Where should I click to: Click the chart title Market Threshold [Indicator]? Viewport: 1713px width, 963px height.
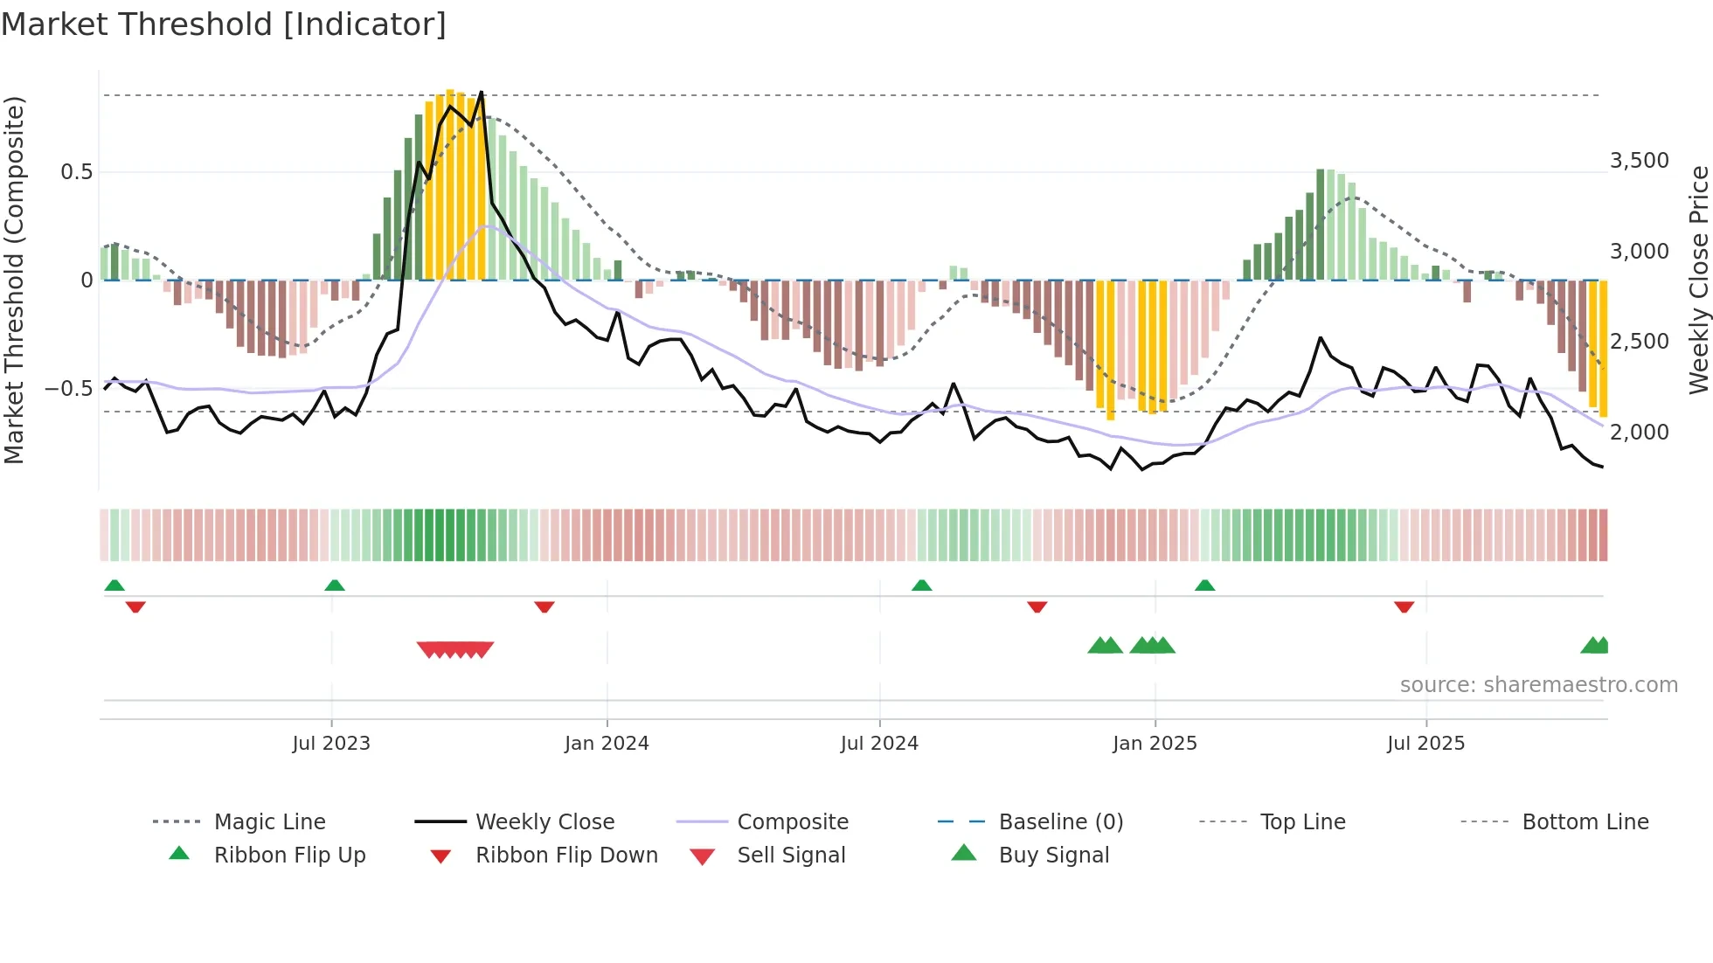pyautogui.click(x=224, y=24)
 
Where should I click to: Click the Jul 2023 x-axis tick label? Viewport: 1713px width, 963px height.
pyautogui.click(x=331, y=744)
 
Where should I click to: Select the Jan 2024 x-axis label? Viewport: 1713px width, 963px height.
pyautogui.click(x=607, y=744)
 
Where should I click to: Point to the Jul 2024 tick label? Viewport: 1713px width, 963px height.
pyautogui.click(x=879, y=744)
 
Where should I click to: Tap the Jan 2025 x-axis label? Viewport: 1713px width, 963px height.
pyautogui.click(x=1155, y=744)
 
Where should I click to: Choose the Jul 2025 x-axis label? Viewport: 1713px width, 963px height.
pyautogui.click(x=1425, y=744)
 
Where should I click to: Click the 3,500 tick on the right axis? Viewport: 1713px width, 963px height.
pyautogui.click(x=1639, y=161)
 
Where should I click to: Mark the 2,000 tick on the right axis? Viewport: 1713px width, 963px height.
pyautogui.click(x=1639, y=432)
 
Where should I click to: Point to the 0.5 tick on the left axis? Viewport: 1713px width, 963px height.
pyautogui.click(x=77, y=172)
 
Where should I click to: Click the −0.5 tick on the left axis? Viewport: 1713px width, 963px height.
pyautogui.click(x=70, y=388)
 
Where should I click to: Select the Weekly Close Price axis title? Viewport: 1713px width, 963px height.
pyautogui.click(x=1698, y=280)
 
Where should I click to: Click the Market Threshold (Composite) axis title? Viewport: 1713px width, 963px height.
pyautogui.click(x=14, y=280)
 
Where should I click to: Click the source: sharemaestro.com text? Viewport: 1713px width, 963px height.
pyautogui.click(x=1538, y=685)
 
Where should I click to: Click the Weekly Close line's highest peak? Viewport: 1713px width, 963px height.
pyautogui.click(x=482, y=92)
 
